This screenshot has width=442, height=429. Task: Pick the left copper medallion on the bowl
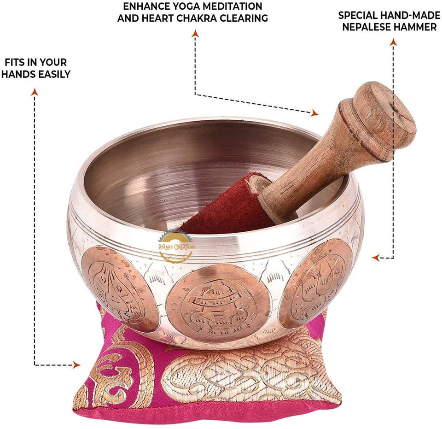point(117,288)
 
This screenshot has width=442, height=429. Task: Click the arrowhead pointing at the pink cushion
point(76,365)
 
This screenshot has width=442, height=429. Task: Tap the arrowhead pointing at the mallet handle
point(314,113)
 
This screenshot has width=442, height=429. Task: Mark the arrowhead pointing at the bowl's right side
point(376,258)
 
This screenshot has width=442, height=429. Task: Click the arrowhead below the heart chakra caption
point(195,33)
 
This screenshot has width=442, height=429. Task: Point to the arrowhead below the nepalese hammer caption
point(393,42)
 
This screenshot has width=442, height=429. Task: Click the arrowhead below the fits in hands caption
point(34,92)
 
